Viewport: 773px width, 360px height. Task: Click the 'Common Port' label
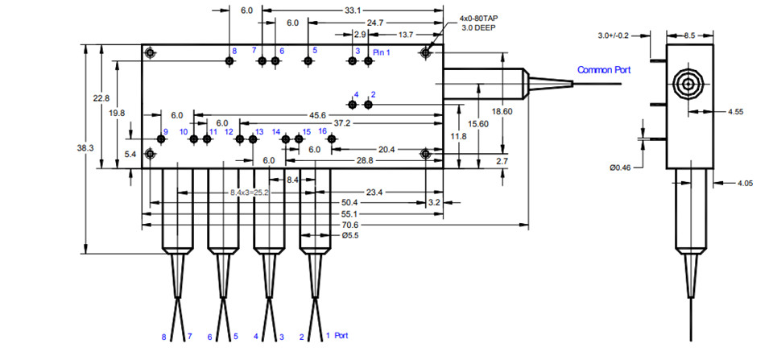pyautogui.click(x=604, y=70)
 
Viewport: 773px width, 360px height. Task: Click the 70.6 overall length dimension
pyautogui.click(x=351, y=225)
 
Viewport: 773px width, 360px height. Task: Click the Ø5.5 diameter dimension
pyautogui.click(x=350, y=236)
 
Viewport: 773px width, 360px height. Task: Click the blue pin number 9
pyautogui.click(x=165, y=132)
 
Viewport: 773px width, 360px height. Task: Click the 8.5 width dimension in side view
pyautogui.click(x=690, y=35)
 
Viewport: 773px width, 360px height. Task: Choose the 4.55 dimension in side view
pyautogui.click(x=734, y=112)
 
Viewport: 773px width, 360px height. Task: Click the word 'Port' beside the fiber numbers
pyautogui.click(x=341, y=335)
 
